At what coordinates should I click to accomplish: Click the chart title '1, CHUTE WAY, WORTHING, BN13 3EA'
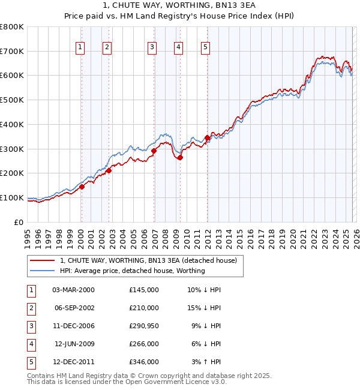pos(179,7)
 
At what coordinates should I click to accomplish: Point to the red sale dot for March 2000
pos(82,187)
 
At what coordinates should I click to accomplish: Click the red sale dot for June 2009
pos(180,157)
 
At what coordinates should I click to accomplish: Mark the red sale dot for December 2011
pos(207,137)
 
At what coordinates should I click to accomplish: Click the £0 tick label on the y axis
pos(19,222)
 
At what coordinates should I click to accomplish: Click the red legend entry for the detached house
pos(149,260)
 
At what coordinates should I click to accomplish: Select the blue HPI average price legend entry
pos(132,271)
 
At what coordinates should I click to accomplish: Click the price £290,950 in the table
pos(143,326)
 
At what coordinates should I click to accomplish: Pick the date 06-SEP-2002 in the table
pos(74,308)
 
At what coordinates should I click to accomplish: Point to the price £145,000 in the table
pos(143,290)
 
